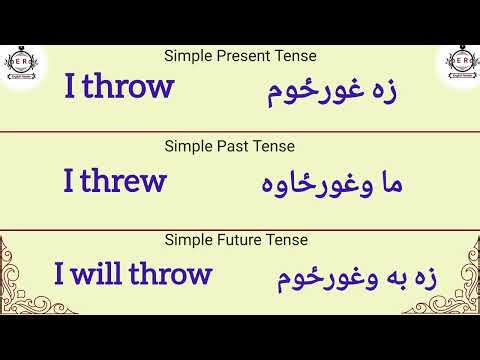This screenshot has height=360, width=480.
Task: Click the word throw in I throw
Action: point(128,87)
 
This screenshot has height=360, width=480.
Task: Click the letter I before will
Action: point(60,273)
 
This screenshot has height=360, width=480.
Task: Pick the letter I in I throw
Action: point(70,87)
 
